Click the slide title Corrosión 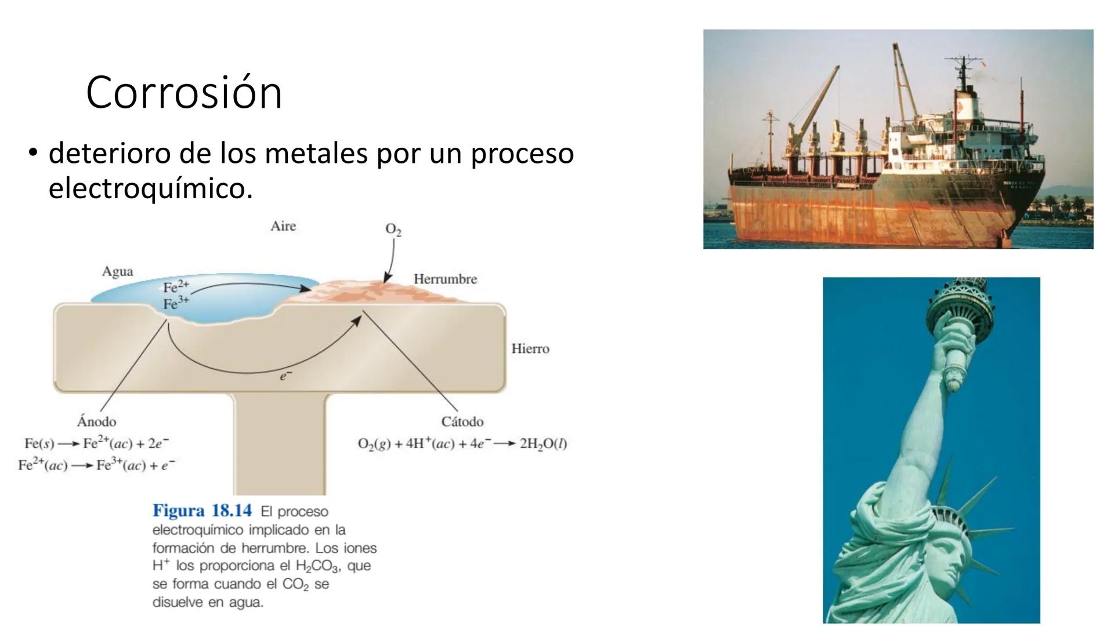184,92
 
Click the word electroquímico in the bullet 150,188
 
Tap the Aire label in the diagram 283,226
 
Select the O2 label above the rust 393,230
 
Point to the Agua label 117,271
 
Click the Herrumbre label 445,279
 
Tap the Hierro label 530,348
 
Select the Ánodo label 96,421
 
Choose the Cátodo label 462,421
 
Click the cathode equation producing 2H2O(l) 462,444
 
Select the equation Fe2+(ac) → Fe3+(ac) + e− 96,465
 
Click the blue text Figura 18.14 202,511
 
